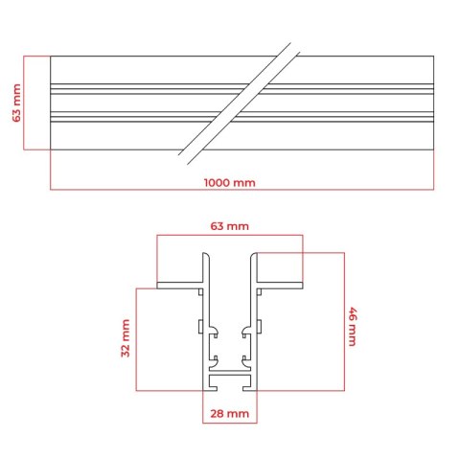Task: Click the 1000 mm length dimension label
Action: pos(230,183)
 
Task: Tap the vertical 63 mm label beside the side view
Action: pos(16,103)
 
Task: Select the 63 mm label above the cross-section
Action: pos(229,226)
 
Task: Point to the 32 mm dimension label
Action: pos(126,338)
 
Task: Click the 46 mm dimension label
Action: pos(353,327)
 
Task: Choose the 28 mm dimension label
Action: pos(229,414)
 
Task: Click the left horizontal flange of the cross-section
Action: pos(180,286)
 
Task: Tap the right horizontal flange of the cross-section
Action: pos(280,286)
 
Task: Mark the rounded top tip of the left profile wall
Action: pos(206,254)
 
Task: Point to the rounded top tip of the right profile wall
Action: pos(254,254)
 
